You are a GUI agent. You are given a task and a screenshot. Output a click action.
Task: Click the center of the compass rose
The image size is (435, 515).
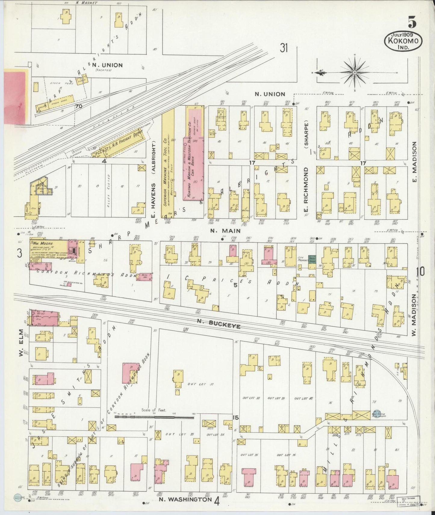[x=355, y=72]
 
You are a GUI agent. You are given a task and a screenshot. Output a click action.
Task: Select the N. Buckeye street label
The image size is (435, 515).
[x=219, y=324]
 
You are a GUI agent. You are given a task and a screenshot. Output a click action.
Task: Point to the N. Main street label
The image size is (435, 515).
[x=225, y=231]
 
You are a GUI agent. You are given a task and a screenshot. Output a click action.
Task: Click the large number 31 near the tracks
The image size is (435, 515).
[x=283, y=47]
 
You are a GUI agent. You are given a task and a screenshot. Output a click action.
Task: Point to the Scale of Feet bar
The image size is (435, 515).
[x=154, y=417]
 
